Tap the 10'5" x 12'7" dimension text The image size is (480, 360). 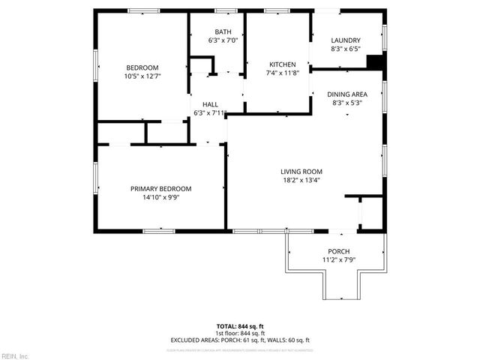coord(142,76)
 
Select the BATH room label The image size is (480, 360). coord(223,31)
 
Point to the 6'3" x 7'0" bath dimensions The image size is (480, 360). coord(223,40)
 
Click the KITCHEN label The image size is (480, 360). coord(281,64)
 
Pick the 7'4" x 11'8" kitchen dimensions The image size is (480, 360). coord(281,73)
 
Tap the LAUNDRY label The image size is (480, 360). coord(346,40)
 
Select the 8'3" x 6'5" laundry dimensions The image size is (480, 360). coord(346,49)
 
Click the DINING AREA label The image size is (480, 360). coord(346,94)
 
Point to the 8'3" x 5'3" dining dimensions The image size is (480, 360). coord(346,103)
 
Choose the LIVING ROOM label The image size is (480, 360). coord(301,172)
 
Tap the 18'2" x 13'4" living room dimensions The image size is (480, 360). coord(301,181)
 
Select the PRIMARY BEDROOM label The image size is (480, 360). coord(160,188)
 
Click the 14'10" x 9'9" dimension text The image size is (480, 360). coord(160,198)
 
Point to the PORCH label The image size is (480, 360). coord(338,251)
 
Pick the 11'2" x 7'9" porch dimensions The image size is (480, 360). coord(338,260)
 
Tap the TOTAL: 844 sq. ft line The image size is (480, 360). coord(240,326)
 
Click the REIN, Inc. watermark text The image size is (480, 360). coord(14,355)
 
